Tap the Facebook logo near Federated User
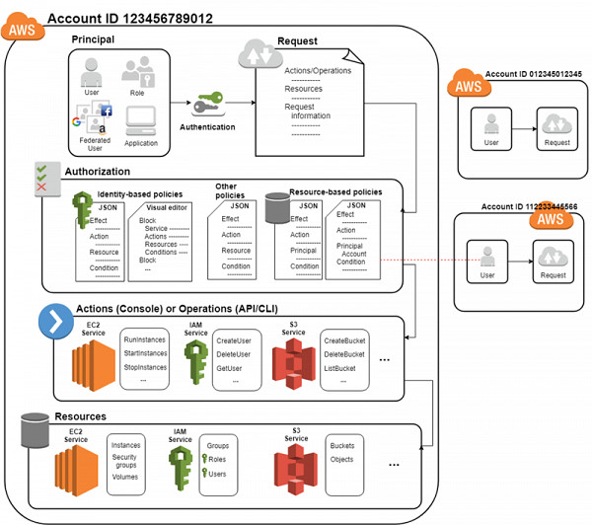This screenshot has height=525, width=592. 106,112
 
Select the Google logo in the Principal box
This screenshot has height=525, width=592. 76,122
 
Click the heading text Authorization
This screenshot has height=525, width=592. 97,172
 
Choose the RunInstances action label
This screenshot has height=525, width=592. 144,339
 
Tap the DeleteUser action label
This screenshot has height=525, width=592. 235,353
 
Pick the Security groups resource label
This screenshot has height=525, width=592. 124,462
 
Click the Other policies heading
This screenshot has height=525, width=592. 233,190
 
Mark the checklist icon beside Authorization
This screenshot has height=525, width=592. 42,178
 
